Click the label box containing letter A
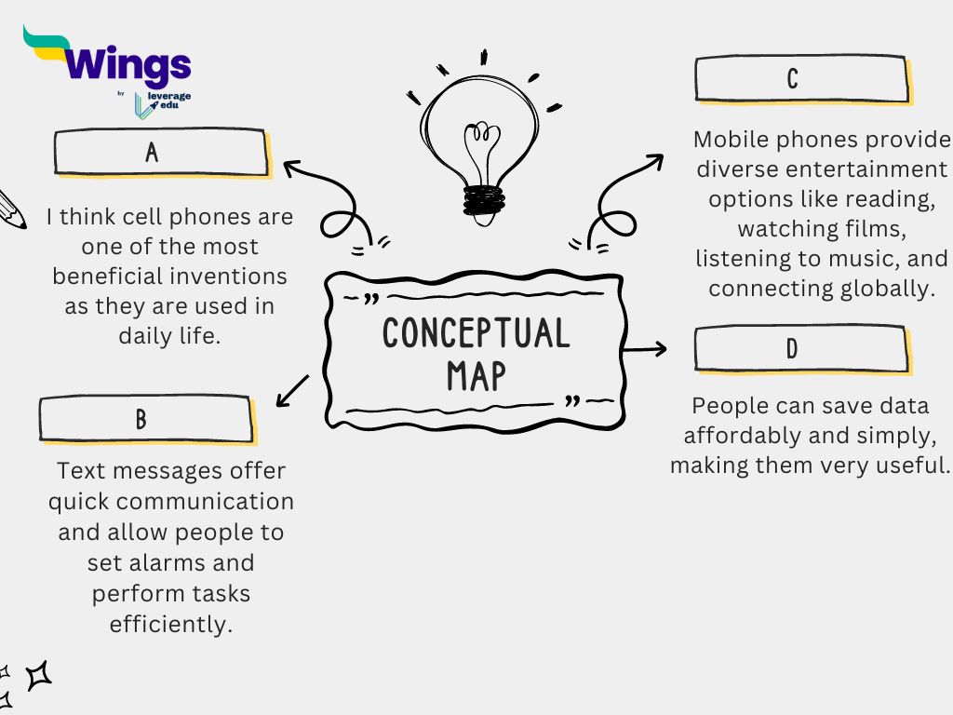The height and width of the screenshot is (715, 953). (161, 152)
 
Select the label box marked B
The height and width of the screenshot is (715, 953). (145, 419)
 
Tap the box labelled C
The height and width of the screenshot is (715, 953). (800, 78)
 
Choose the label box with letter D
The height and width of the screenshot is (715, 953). (800, 348)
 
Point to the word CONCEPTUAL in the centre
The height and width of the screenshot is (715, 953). (476, 333)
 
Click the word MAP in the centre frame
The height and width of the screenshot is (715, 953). (476, 375)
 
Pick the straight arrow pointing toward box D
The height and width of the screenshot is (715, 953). (645, 349)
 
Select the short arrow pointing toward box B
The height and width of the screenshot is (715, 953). (293, 390)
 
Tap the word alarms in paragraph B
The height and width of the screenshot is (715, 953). (205, 562)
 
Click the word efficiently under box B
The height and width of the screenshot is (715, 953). (170, 623)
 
